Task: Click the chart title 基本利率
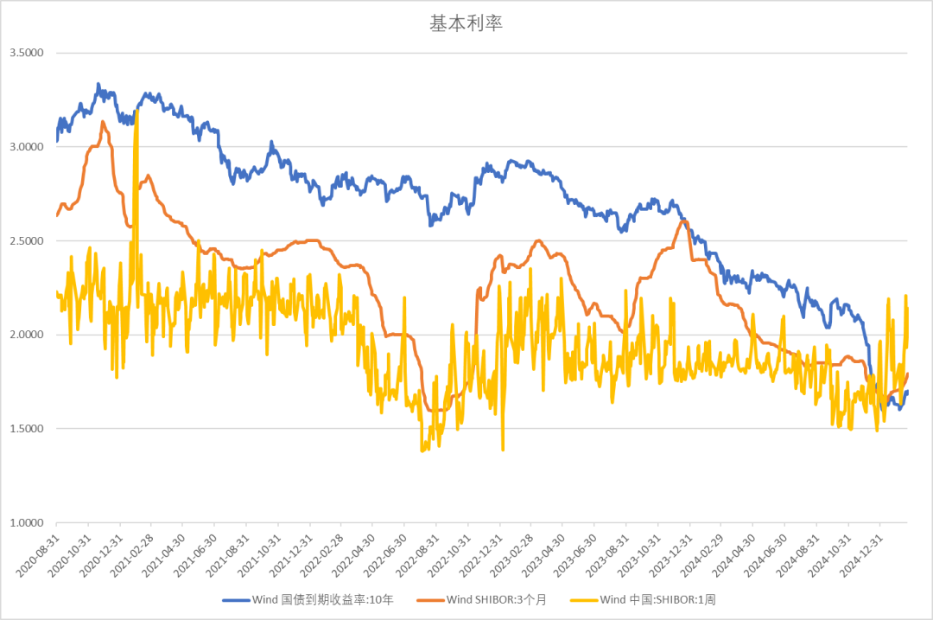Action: pos(466,23)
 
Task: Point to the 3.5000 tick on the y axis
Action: pos(26,53)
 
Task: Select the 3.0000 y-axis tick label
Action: pos(26,147)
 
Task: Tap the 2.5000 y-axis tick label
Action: pos(26,240)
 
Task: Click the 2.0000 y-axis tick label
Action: pos(26,335)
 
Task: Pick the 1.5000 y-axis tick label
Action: pos(26,429)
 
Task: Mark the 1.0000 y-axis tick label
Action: pos(26,523)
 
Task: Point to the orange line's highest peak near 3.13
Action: pos(103,122)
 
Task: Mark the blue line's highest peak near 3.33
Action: pos(98,85)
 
